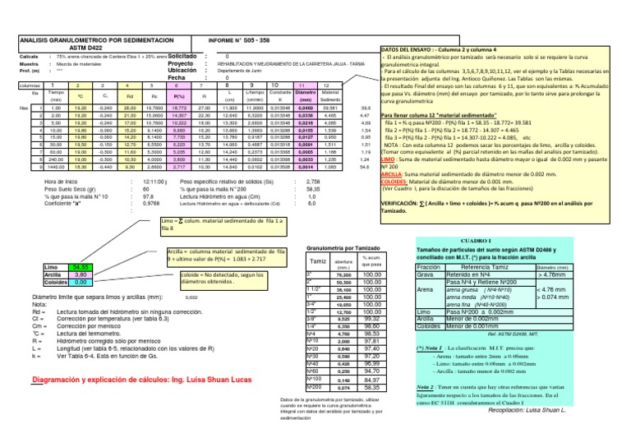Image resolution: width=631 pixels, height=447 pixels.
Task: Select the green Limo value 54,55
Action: point(78,268)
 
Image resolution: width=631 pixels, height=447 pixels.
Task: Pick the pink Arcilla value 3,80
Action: point(78,275)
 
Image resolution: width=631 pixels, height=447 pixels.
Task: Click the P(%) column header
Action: point(178,96)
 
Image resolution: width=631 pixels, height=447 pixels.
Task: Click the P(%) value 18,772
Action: point(178,107)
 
